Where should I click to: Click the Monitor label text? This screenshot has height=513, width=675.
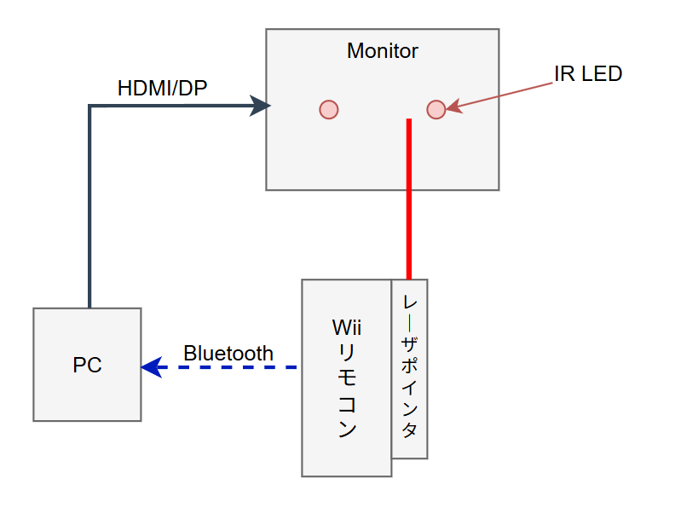coord(382,51)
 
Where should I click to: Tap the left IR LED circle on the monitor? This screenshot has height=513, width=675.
coord(329,110)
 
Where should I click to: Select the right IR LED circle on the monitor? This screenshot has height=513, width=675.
coord(436,109)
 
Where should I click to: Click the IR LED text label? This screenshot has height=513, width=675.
coord(588,74)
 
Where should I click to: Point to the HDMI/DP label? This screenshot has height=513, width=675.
coord(162,87)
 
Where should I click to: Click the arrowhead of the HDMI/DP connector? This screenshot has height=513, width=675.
coord(260,106)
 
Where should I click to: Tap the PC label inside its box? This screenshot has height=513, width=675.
coord(87,366)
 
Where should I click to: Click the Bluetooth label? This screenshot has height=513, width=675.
coord(228,353)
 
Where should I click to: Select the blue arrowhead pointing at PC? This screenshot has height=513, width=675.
coord(151,367)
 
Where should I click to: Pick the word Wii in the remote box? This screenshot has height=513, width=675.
coord(346,328)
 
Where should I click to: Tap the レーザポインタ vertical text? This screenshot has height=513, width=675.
coord(410,366)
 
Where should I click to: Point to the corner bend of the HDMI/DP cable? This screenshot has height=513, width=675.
coord(89,107)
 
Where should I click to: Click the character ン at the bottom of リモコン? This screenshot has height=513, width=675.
coord(346,429)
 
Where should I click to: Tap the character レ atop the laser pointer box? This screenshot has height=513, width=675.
coord(410,303)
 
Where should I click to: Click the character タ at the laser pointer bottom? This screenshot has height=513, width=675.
coord(410,430)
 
